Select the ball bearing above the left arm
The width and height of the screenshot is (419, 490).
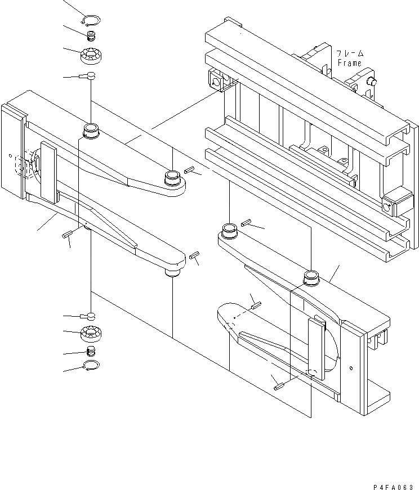coord(91,56)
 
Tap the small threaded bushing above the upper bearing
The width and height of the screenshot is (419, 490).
coord(91,38)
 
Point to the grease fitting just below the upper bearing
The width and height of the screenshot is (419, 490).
coord(91,76)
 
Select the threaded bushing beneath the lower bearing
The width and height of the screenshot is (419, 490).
coord(91,352)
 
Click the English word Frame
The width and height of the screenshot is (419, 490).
coord(349,63)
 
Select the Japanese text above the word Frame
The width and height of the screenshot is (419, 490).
coord(350,53)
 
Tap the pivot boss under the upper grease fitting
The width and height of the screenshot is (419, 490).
coord(91,132)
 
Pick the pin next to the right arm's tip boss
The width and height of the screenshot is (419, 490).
coord(245,224)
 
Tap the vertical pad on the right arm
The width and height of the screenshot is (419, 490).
coord(316,346)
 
